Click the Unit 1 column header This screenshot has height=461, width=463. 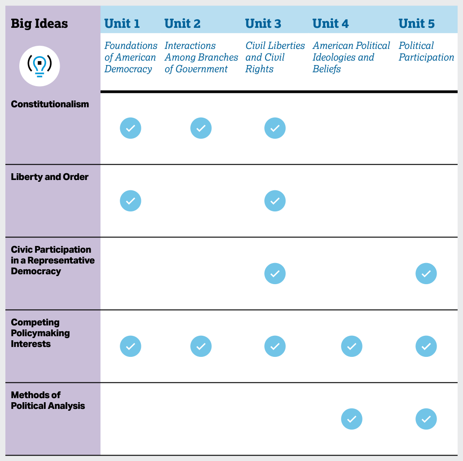122,24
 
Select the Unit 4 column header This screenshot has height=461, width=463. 330,24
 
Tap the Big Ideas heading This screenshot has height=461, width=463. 39,24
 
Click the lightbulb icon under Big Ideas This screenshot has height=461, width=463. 39,66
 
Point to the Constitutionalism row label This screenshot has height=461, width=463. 50,104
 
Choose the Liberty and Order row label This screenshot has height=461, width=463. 50,177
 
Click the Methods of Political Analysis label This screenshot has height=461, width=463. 48,400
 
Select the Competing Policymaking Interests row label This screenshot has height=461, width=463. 40,333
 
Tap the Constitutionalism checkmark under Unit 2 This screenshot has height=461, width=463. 201,128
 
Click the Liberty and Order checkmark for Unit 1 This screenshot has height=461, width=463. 131,201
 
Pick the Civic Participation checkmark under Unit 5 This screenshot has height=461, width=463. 426,273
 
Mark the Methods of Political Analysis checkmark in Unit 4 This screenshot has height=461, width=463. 352,419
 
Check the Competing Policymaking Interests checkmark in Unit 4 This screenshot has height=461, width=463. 352,346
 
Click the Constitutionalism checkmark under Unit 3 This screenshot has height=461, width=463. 275,128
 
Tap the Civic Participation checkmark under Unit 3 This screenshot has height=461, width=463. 275,273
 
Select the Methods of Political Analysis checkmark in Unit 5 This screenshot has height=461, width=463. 426,419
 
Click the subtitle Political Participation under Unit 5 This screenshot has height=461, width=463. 426,52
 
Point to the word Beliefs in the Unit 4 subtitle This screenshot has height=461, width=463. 327,69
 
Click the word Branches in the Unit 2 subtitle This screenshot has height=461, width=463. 220,57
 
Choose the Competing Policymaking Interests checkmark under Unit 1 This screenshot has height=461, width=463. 131,346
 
